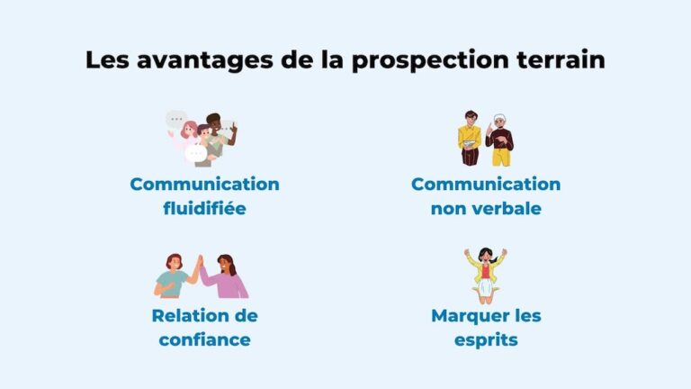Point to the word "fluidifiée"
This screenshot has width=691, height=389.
point(204,209)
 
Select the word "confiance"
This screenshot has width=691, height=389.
point(204,340)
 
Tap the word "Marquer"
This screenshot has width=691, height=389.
point(467,316)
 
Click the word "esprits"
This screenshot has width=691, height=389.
point(486,340)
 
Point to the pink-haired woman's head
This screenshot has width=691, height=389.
point(190,129)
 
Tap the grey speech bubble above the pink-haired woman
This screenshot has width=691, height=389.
point(175,118)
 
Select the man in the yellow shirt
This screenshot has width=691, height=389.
point(470,140)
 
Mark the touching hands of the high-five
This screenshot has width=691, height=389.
point(199,261)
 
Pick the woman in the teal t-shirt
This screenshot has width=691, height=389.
point(174,281)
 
